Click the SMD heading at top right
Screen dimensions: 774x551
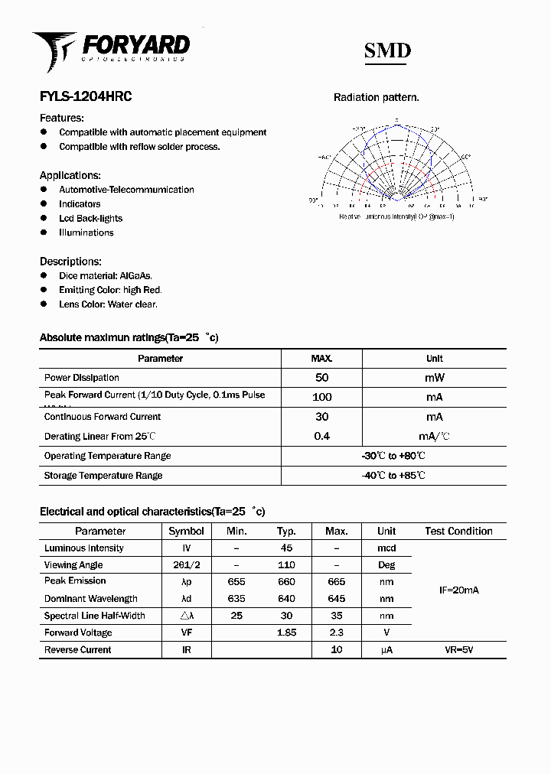tap(387, 50)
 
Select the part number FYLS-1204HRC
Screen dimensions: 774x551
tap(86, 97)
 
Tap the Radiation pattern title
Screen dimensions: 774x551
tap(376, 97)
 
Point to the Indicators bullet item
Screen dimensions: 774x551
tap(80, 204)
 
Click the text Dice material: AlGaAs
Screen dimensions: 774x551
tap(106, 275)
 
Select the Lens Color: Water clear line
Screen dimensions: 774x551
tap(108, 304)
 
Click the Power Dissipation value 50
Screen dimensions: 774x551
tap(321, 378)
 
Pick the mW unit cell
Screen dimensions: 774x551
tap(434, 378)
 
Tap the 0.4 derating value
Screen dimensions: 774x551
tap(321, 437)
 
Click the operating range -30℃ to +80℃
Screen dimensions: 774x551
tap(393, 456)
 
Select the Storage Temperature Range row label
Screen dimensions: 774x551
tap(103, 476)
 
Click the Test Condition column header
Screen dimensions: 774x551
tap(458, 531)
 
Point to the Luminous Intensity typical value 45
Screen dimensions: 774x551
tap(286, 548)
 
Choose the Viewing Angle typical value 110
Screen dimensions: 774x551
tap(286, 565)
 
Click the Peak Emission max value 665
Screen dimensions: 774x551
tap(336, 581)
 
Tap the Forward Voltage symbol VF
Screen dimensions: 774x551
tap(186, 633)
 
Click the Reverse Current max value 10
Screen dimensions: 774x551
tap(336, 650)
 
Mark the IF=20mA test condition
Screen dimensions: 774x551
tap(458, 590)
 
